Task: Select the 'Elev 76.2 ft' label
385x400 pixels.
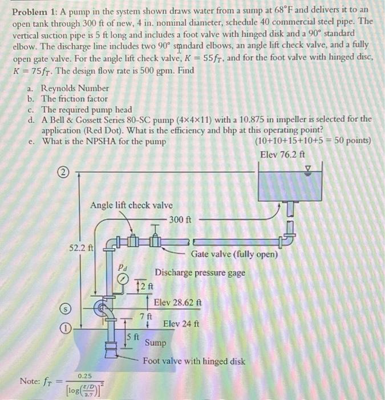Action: pyautogui.click(x=282, y=154)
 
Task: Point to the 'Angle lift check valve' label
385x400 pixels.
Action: pyautogui.click(x=131, y=206)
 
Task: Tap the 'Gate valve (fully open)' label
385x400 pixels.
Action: pyautogui.click(x=234, y=254)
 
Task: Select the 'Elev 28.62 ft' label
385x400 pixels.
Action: pyautogui.click(x=177, y=302)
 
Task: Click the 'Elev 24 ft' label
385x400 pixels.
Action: pyautogui.click(x=181, y=323)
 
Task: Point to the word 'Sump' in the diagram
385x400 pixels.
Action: pyautogui.click(x=156, y=343)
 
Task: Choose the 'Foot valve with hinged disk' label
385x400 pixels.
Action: pyautogui.click(x=194, y=361)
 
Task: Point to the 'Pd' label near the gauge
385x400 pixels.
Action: pyautogui.click(x=122, y=266)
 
